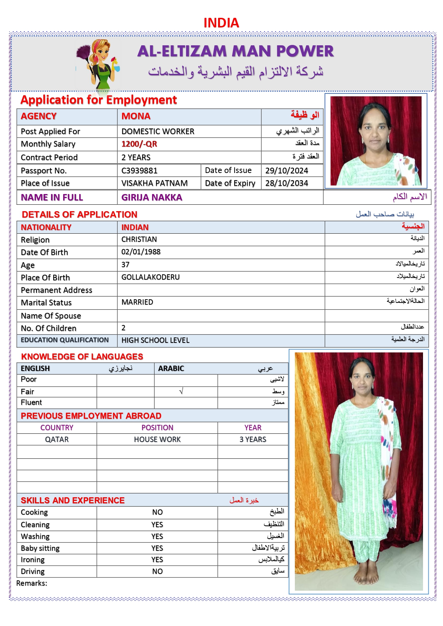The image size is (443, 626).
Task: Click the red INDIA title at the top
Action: tap(221, 23)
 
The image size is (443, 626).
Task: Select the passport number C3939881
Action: tap(139, 171)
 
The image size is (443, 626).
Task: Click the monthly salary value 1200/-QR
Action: tap(139, 144)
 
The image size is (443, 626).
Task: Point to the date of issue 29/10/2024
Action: tap(286, 171)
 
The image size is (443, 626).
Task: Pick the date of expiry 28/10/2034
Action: tap(286, 183)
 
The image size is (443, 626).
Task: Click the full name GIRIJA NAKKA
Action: tap(152, 198)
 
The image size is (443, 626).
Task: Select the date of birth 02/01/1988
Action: tap(141, 252)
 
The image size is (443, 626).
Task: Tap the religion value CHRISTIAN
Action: tap(139, 239)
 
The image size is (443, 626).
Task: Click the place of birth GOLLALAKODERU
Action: tap(150, 277)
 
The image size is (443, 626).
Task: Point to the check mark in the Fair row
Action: tap(181, 392)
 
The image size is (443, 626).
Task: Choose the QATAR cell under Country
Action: tap(57, 439)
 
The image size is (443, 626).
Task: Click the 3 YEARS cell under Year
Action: tap(253, 439)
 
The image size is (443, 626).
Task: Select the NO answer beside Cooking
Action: tap(157, 512)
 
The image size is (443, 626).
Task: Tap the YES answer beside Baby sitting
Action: tap(157, 548)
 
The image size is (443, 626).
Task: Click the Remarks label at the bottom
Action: tap(32, 583)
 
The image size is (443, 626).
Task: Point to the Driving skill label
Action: tap(32, 571)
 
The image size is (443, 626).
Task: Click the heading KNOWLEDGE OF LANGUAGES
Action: tap(82, 357)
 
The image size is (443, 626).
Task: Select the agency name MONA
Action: tap(136, 116)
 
